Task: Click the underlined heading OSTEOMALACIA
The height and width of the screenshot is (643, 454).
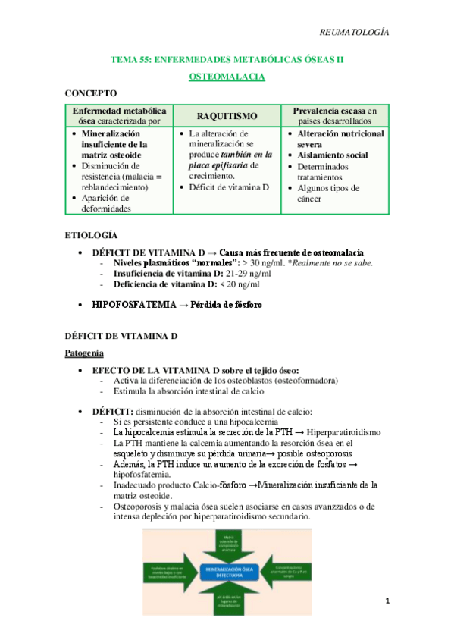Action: point(227,77)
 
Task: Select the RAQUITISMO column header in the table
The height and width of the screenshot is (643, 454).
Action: point(227,115)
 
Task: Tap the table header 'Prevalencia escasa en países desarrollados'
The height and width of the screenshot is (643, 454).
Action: point(334,115)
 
